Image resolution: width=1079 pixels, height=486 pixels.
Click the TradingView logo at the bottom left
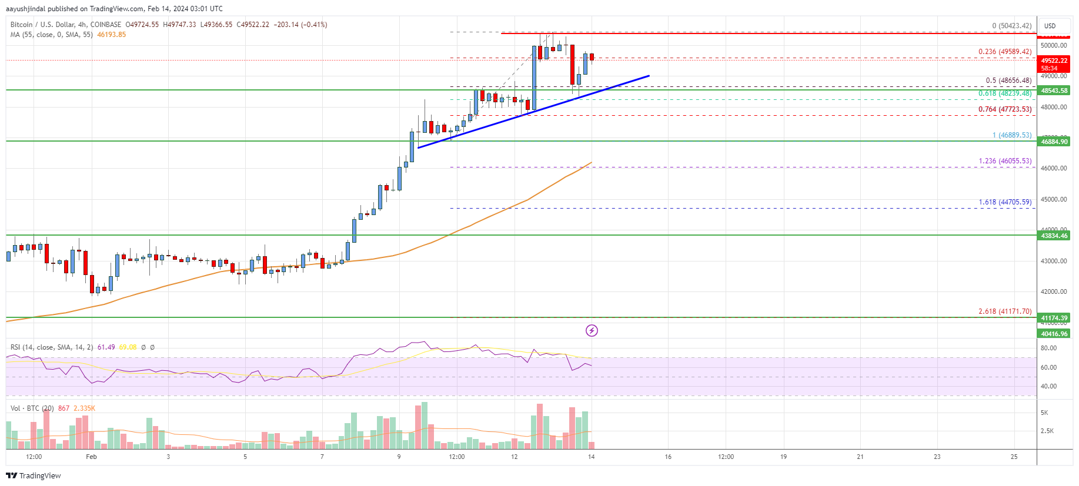click(x=34, y=475)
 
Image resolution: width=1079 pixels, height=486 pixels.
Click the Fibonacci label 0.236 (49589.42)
click(x=1004, y=52)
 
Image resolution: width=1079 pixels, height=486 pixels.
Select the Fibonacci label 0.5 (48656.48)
click(x=1008, y=81)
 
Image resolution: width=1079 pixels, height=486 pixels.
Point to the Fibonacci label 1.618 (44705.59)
click(x=1005, y=202)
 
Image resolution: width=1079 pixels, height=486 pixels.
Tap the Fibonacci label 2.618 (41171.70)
click(x=1005, y=311)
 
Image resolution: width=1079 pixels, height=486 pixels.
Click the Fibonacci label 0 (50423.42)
click(x=1011, y=26)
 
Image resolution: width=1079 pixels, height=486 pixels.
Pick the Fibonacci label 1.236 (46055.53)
click(x=1005, y=161)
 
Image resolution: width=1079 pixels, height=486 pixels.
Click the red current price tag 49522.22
click(x=1054, y=61)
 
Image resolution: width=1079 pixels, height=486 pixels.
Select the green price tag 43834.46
click(x=1054, y=236)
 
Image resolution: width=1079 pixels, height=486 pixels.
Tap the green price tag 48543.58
click(x=1054, y=91)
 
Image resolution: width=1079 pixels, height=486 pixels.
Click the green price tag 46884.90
click(x=1054, y=142)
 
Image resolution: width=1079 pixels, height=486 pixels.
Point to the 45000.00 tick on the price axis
click(x=1053, y=199)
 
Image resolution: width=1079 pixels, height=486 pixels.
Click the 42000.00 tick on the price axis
click(x=1053, y=291)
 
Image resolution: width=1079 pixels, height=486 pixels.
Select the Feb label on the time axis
click(x=91, y=457)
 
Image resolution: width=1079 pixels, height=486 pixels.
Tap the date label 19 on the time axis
click(x=783, y=457)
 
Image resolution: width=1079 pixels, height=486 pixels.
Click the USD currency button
click(x=1050, y=26)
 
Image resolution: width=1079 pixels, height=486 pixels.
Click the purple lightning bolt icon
click(x=592, y=331)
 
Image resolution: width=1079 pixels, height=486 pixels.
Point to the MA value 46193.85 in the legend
click(x=111, y=35)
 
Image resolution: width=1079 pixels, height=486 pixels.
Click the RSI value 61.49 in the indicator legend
click(x=106, y=347)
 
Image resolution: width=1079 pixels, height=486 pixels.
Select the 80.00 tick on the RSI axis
click(x=1048, y=348)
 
